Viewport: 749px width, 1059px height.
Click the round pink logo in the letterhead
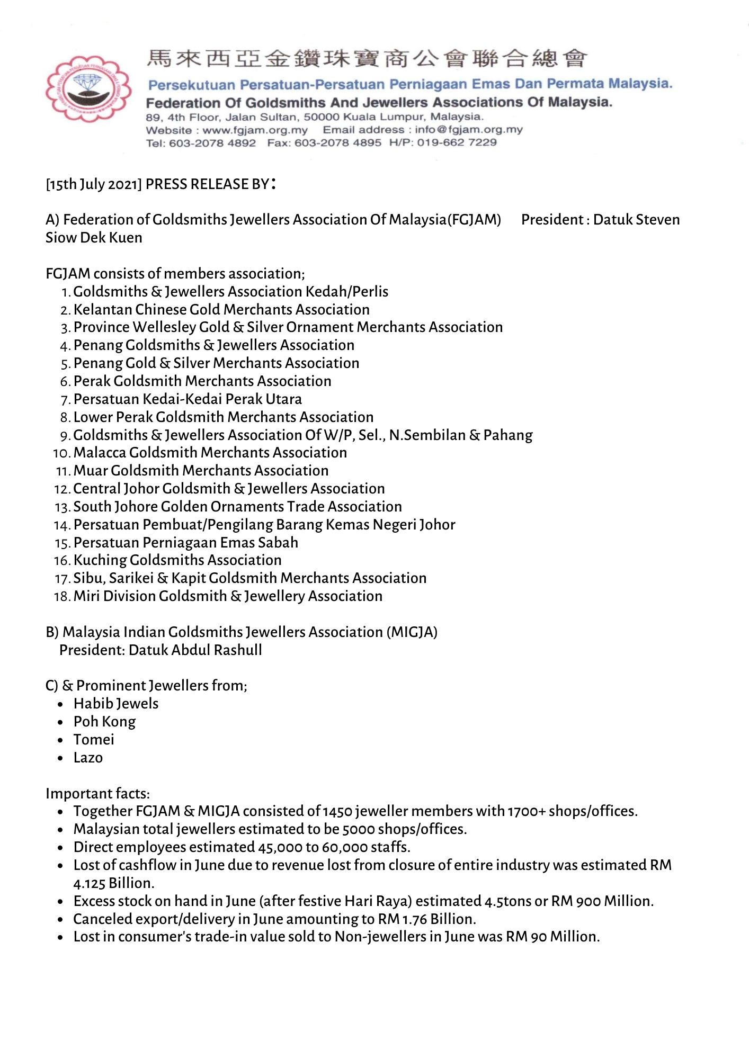[x=88, y=88]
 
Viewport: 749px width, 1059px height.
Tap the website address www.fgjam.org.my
[x=255, y=130]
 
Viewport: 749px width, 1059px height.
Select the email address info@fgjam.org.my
[x=468, y=130]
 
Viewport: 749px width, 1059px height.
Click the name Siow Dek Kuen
[x=94, y=238]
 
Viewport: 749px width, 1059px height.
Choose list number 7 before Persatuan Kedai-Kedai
[x=66, y=400]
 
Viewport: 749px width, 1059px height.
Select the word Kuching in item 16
[x=100, y=560]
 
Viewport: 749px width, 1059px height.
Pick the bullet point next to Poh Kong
[x=61, y=722]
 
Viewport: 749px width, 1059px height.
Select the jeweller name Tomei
[x=94, y=740]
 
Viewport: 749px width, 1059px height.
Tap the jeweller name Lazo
[x=88, y=758]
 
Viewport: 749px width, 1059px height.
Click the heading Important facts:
[x=97, y=794]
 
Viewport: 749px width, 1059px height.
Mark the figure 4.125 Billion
[x=113, y=883]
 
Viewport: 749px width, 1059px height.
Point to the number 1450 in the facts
[x=337, y=812]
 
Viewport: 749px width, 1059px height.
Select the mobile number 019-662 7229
[x=457, y=143]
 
